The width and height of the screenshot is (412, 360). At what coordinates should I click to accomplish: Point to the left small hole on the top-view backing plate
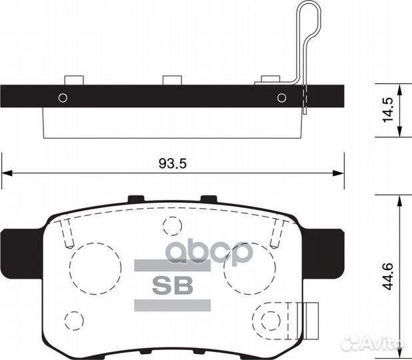pos(63,98)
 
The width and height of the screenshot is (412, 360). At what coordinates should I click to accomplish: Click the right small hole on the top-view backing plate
pos(282,98)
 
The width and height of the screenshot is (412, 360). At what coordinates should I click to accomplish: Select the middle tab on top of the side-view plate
pos(172,80)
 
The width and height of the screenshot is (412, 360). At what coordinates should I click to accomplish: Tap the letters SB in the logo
pos(173,285)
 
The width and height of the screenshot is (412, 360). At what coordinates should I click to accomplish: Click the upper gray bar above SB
pos(173,265)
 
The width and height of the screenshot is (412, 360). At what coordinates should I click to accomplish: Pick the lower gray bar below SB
pos(173,305)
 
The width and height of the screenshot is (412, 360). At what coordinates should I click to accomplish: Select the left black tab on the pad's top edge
pos(136,198)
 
